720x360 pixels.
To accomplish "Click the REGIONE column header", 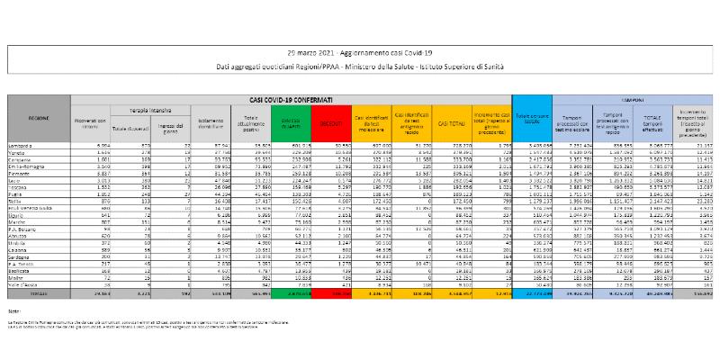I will [x=39, y=118].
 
